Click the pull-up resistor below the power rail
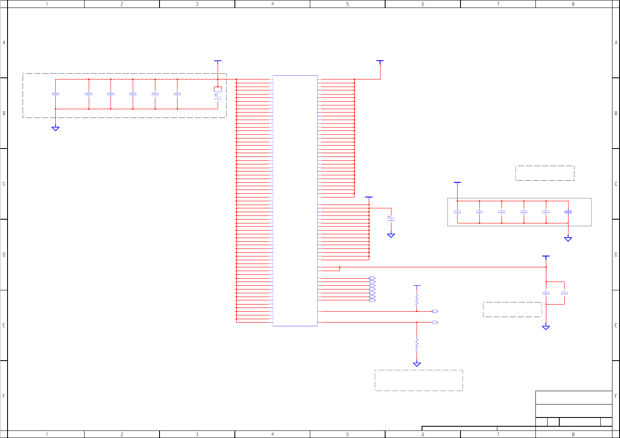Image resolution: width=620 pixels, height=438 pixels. click(417, 300)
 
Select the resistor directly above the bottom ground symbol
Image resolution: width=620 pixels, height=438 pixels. click(417, 345)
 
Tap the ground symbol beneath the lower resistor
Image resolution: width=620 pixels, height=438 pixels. click(417, 364)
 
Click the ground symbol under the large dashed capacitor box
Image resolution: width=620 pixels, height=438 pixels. click(55, 128)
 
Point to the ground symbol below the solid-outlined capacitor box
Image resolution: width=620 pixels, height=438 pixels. click(568, 239)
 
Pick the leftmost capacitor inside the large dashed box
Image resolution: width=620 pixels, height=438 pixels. click(55, 94)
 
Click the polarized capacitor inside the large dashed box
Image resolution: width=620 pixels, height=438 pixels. click(218, 97)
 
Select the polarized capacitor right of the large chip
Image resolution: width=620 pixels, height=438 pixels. click(391, 218)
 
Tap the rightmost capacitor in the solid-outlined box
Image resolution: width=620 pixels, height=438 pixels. click(568, 212)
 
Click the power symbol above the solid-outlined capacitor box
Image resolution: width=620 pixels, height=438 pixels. click(457, 183)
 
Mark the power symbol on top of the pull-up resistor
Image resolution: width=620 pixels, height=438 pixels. click(417, 286)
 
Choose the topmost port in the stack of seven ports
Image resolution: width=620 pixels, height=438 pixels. click(373, 278)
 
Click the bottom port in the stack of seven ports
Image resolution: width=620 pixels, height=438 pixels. click(373, 300)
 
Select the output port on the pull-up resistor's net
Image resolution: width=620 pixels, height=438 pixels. click(435, 311)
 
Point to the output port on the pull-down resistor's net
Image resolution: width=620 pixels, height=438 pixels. click(435, 322)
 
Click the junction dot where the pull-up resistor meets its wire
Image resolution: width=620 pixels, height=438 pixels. click(417, 311)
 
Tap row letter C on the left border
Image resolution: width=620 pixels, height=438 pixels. click(4, 184)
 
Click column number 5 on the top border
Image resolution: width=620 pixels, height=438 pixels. click(347, 4)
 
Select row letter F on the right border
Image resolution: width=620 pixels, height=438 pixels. click(616, 396)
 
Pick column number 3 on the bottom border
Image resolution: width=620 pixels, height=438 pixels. click(197, 435)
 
